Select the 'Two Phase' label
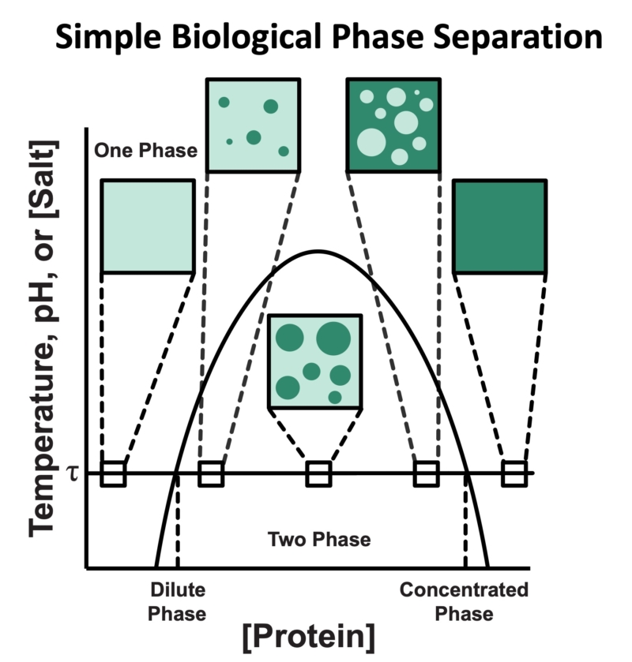click(318, 540)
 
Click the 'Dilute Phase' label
click(178, 602)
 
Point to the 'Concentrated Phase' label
click(464, 602)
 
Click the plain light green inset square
click(147, 226)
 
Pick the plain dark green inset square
click(499, 226)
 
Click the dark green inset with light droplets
click(393, 125)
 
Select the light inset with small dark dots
click(253, 125)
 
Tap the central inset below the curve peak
click(315, 361)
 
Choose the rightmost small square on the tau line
click(514, 473)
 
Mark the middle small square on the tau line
click(318, 473)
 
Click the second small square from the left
click(211, 473)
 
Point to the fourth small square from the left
click(427, 473)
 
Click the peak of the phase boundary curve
click(317, 251)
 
